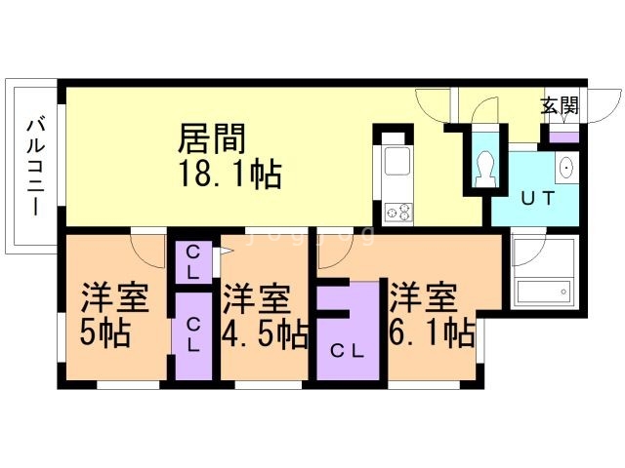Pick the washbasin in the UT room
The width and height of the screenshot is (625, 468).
[566, 169]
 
